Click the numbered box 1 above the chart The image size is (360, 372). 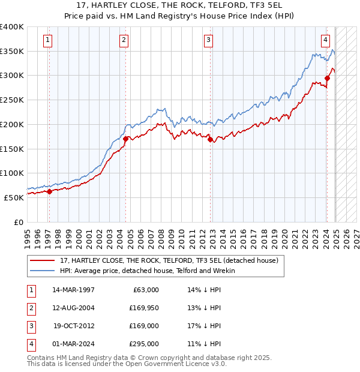click(47, 40)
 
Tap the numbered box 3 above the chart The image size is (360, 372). click(208, 40)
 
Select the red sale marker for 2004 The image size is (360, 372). click(125, 139)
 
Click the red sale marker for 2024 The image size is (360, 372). click(328, 77)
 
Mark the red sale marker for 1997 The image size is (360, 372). click(49, 191)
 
